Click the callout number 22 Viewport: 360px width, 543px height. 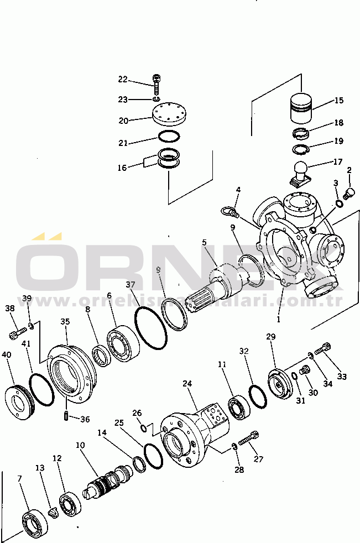122,80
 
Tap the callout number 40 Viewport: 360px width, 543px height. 6,354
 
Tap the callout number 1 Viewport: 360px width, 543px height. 278,319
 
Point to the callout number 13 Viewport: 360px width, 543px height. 39,468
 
